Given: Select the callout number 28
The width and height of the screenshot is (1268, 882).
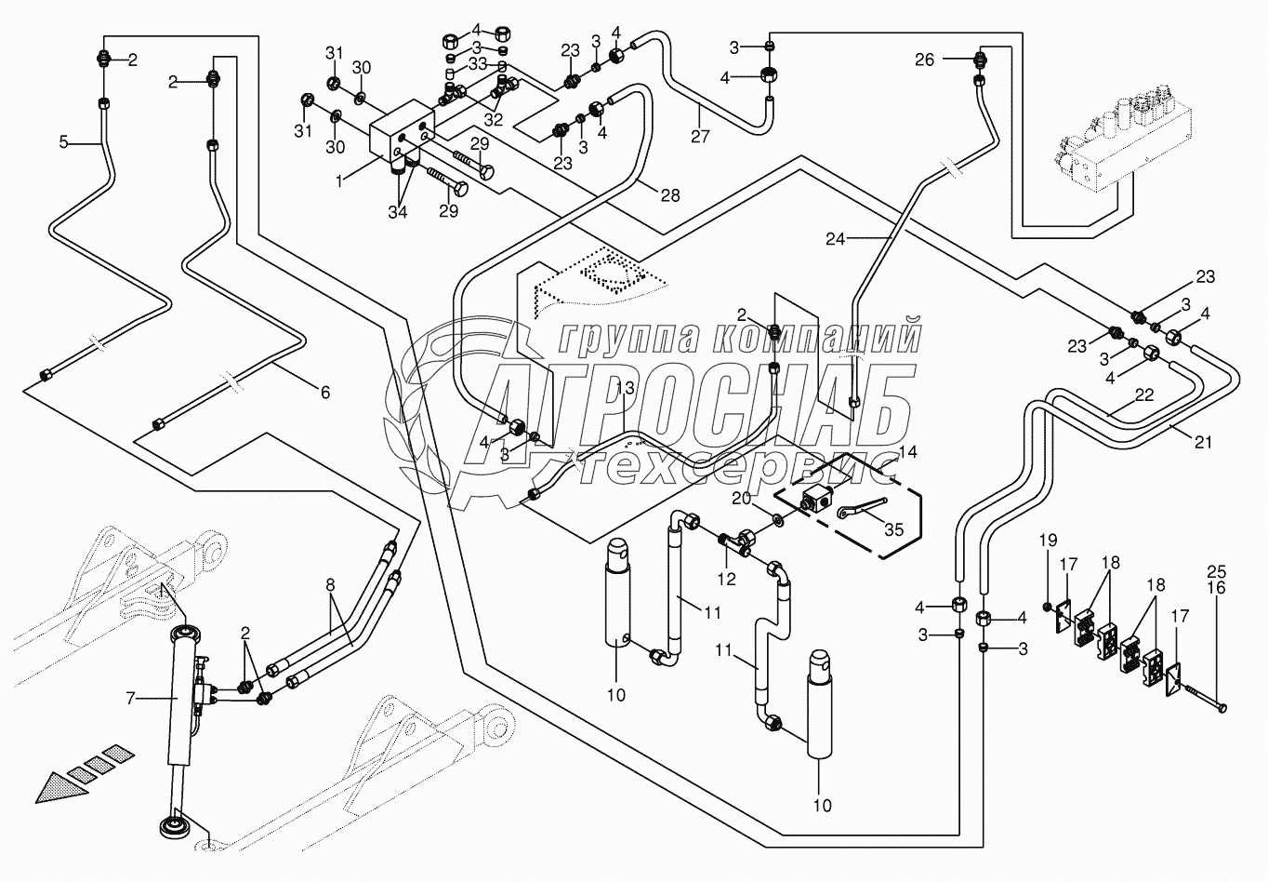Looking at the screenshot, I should [x=669, y=195].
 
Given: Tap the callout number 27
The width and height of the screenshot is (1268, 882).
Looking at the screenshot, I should [x=700, y=138].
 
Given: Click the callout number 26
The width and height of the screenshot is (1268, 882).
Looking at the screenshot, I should [x=924, y=60].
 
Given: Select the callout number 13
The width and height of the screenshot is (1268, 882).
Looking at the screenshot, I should [x=625, y=387].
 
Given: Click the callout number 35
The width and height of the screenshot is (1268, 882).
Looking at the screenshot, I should [x=893, y=529].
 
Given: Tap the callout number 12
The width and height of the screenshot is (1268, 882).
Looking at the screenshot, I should [x=726, y=579].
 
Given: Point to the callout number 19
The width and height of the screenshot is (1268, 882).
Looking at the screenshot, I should [x=1048, y=566].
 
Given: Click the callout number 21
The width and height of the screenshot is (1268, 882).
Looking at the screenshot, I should [x=1203, y=443].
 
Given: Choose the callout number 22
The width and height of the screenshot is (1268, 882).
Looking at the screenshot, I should [x=1144, y=394].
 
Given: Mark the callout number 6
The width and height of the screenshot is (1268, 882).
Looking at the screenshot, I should [x=324, y=393].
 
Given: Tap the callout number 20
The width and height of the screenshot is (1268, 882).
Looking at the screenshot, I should [x=740, y=499].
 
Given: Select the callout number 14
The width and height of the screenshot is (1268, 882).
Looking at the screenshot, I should [x=907, y=452].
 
